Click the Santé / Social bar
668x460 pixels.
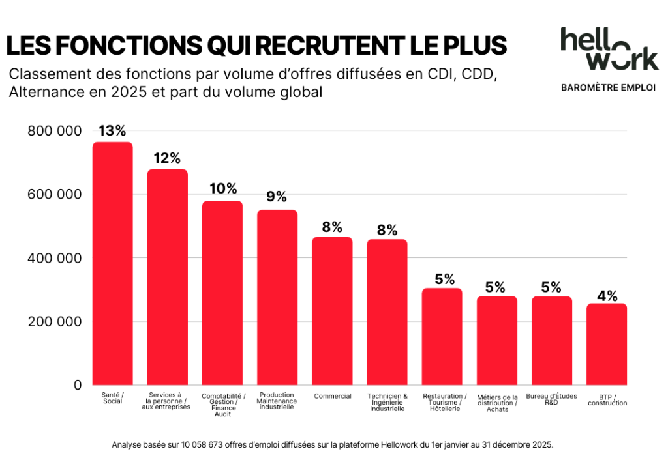tap(112, 263)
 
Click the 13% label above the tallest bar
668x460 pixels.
tap(112, 131)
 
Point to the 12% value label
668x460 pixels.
tap(167, 158)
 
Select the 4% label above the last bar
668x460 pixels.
tap(607, 295)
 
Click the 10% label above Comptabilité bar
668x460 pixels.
tap(222, 189)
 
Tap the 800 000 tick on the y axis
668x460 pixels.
tap(55, 131)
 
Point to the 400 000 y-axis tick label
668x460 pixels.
tap(55, 259)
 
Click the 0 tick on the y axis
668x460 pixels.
tap(78, 385)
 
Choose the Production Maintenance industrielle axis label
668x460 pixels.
tap(277, 401)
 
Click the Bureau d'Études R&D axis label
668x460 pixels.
tap(551, 399)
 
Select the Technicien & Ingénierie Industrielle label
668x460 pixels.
tap(387, 402)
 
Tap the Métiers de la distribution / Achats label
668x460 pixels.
tap(497, 403)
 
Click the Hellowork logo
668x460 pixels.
tap(609, 50)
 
